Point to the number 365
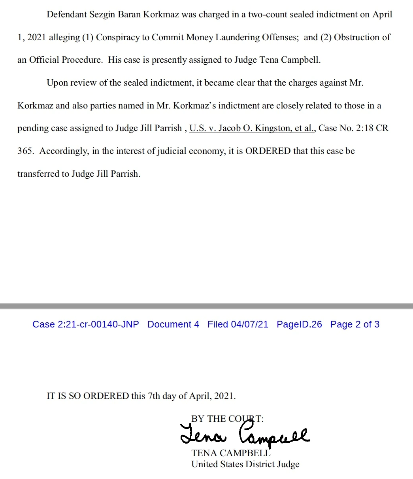[26, 151]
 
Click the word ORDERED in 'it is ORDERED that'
[268, 151]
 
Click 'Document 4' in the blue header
[173, 324]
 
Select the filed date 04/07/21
[249, 324]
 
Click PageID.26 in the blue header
[299, 324]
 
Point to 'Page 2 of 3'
[355, 324]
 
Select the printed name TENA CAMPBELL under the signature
[230, 453]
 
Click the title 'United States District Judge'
[245, 464]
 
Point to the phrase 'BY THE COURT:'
[227, 419]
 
